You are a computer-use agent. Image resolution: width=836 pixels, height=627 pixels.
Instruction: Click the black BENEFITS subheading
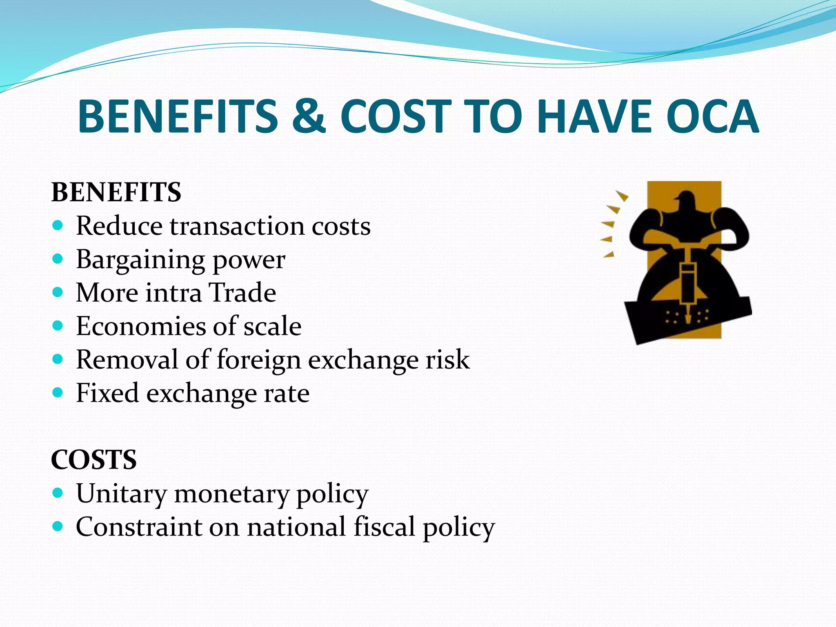(116, 192)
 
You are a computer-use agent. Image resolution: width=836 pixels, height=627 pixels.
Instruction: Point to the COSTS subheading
(94, 460)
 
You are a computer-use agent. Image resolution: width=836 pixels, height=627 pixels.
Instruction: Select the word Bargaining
(140, 260)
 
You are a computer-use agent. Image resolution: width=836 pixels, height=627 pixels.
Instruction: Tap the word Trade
(242, 293)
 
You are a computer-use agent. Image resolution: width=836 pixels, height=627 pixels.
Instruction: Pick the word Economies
(141, 326)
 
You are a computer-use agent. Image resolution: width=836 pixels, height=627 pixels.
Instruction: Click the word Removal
(127, 360)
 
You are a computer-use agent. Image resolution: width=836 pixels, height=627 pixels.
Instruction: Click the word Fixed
(107, 393)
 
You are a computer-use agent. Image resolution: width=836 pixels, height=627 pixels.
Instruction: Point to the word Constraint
(139, 527)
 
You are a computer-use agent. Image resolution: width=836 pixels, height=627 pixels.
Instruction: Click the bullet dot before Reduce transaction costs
(58, 225)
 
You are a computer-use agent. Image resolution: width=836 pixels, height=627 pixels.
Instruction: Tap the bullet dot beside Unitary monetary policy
(58, 493)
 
